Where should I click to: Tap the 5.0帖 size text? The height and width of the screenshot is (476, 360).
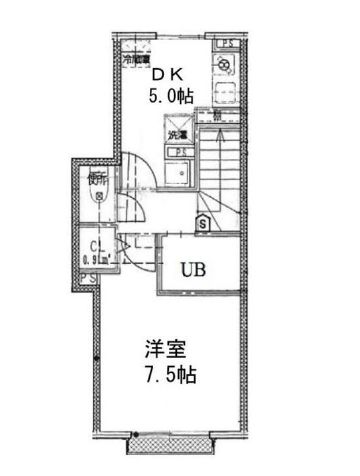[x=172, y=96]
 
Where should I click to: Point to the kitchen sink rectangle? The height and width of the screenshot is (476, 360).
[x=226, y=90]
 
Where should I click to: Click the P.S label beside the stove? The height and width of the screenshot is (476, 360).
[x=228, y=44]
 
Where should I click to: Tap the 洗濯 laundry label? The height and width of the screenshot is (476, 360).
[x=177, y=133]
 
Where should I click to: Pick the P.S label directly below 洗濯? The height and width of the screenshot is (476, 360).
[x=178, y=152]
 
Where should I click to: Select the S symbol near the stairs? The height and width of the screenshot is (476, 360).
[x=204, y=224]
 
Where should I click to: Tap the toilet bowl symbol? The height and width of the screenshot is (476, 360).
[x=95, y=197]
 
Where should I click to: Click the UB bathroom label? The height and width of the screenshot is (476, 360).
[x=196, y=268]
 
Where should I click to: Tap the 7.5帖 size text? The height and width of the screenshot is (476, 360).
[x=172, y=378]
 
